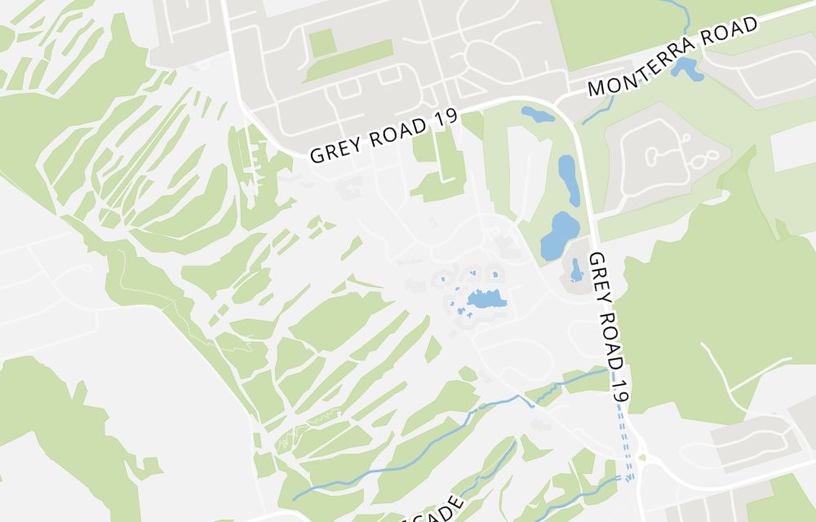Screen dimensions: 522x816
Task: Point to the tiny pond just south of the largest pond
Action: [576, 271]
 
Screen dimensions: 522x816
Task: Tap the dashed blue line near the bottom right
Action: [624, 445]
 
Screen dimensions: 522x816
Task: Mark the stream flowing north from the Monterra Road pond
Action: [673, 16]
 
